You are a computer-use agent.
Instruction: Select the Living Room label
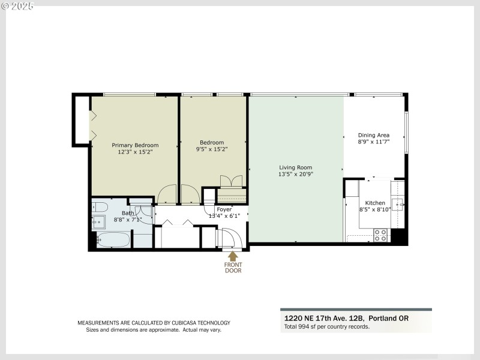[x=296, y=167]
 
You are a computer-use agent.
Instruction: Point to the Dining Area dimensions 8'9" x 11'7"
[x=374, y=142]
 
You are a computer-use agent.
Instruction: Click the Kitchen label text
[x=375, y=203]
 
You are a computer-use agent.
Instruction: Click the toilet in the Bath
[x=100, y=208]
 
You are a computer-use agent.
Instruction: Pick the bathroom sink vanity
[x=98, y=222]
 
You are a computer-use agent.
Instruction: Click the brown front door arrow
[x=233, y=256]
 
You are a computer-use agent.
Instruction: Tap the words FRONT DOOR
[x=233, y=267]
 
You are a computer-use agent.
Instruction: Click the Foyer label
[x=224, y=209]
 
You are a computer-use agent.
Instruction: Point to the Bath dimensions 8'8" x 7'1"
[x=128, y=220]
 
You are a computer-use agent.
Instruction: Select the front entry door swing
[x=232, y=239]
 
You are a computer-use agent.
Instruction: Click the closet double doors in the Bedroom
[x=231, y=181]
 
